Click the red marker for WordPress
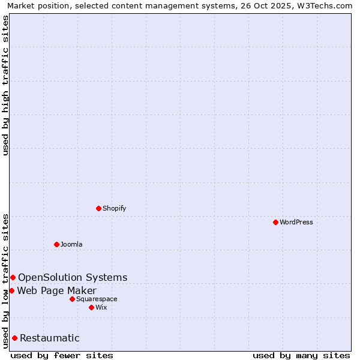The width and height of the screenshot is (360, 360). coord(275,222)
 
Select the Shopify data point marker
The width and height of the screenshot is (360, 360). coord(98,208)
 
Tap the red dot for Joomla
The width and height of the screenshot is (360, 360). coord(56,244)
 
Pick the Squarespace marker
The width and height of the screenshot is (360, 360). coord(72,299)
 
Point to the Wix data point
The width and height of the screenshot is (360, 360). coord(91,307)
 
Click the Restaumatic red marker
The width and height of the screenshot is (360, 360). coord(14,338)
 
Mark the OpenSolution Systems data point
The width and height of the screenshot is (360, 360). coord(13,277)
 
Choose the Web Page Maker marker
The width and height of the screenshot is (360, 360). coord(11,290)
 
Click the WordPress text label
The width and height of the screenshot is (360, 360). coord(296,222)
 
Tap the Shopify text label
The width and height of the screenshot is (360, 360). coord(114,208)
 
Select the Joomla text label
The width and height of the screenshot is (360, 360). coord(71,244)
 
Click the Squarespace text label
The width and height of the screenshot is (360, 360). coord(97,299)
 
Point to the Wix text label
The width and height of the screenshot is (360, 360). coord(101,307)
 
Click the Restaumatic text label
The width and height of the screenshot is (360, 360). coord(49,338)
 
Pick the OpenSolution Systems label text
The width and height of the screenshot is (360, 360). coord(73,277)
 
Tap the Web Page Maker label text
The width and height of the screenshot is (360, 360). coord(56,291)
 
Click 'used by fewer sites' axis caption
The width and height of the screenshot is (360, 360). coord(62,355)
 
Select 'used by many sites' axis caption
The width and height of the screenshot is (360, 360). coord(301,355)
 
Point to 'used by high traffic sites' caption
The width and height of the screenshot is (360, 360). coord(6,85)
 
